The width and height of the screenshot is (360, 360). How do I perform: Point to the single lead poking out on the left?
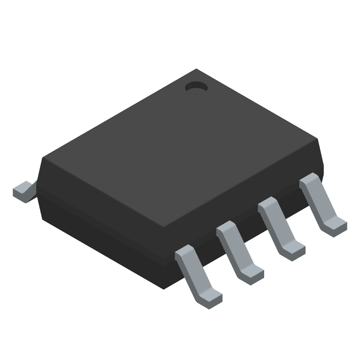coord(23,191)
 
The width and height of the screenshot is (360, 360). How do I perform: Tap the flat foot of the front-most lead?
coord(210,299)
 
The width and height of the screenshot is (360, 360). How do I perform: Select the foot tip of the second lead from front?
coord(252,274)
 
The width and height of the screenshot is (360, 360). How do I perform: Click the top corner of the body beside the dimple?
coord(196,70)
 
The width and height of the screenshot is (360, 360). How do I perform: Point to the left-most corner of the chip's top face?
coord(43,158)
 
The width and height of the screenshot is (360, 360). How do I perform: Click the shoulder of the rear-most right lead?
coord(309,180)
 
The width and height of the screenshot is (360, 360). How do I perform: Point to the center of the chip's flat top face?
coord(180,148)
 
